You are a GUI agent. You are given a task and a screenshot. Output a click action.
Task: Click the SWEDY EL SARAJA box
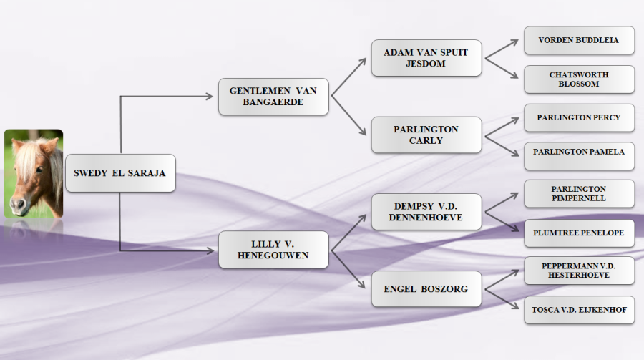click(x=120, y=173)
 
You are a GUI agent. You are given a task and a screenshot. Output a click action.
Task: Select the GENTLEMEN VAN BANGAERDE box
click(x=273, y=97)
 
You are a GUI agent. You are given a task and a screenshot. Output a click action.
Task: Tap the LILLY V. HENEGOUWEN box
click(x=273, y=250)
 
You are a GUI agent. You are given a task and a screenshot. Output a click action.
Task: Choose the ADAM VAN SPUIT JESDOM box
click(x=426, y=58)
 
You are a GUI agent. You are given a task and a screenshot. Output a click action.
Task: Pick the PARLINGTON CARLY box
click(x=426, y=135)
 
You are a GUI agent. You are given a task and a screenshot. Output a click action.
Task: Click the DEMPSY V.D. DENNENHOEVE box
click(x=426, y=211)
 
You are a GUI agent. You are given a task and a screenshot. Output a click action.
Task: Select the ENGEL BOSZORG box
click(x=426, y=288)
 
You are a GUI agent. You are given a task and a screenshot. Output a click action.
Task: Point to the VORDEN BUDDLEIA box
click(x=579, y=40)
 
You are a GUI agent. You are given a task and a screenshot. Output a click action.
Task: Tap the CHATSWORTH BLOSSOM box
click(x=579, y=79)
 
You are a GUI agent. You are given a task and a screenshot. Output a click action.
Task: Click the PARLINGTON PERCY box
click(x=579, y=117)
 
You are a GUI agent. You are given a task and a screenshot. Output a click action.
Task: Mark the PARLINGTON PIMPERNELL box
click(x=579, y=193)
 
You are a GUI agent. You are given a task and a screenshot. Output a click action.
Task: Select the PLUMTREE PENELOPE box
click(x=579, y=233)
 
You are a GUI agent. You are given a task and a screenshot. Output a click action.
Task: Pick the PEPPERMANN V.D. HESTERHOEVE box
click(x=579, y=271)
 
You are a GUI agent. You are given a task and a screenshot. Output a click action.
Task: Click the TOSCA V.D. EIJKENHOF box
click(x=579, y=309)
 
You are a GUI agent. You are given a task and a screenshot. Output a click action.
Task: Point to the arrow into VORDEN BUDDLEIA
click(x=502, y=49)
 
